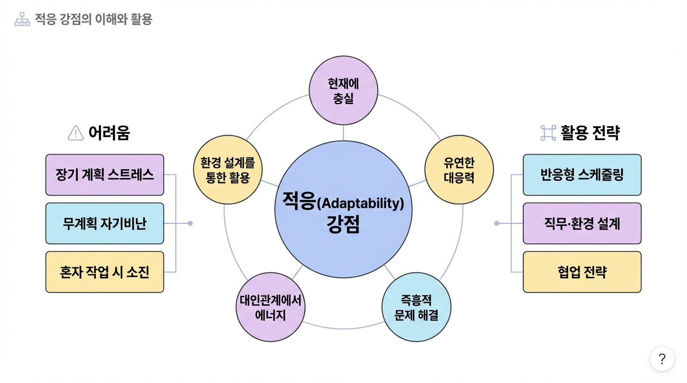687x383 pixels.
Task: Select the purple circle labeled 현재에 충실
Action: tap(343, 90)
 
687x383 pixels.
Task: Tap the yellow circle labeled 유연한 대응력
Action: tap(459, 170)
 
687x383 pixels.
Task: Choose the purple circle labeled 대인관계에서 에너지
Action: tap(270, 307)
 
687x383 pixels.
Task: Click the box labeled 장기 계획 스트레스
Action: tap(105, 175)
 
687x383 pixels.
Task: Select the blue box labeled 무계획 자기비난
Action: tap(105, 223)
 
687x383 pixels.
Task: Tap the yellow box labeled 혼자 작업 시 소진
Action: tap(105, 272)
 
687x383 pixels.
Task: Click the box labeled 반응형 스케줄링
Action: tap(582, 175)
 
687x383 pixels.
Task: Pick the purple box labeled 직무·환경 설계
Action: tap(582, 223)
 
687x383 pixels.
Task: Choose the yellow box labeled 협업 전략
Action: tap(582, 272)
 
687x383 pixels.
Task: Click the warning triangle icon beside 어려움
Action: tap(75, 133)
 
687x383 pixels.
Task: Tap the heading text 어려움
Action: tap(109, 133)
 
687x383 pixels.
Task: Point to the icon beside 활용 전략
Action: tap(549, 133)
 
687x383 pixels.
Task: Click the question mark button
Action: tap(662, 359)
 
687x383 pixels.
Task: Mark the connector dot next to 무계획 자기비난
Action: tap(190, 223)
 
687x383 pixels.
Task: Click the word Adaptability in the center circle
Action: tap(360, 204)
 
